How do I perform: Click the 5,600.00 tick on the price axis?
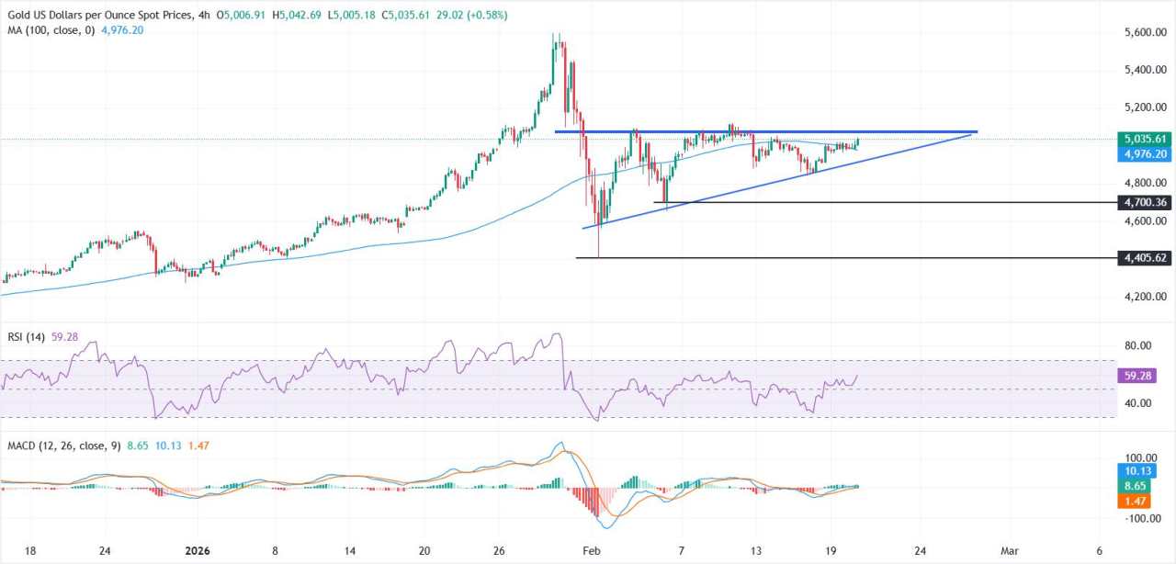coord(1144,32)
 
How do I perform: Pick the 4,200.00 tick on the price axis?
coord(1144,297)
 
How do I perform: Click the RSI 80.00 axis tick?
coord(1136,345)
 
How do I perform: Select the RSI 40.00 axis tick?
coord(1136,403)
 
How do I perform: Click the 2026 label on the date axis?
coord(199,550)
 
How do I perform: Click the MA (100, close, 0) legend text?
coord(45,29)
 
